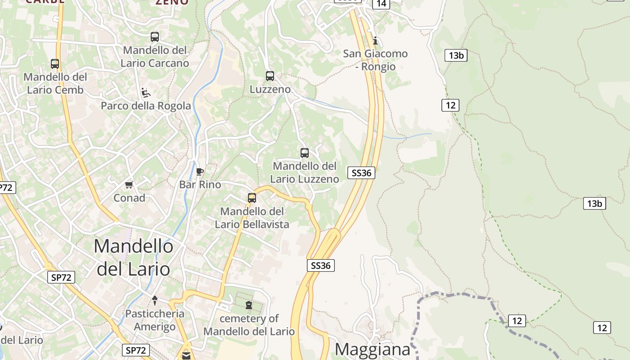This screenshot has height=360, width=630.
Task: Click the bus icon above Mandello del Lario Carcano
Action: (155, 36)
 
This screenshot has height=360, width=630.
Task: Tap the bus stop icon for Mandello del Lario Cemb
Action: (55, 64)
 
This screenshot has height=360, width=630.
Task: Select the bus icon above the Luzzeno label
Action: (270, 76)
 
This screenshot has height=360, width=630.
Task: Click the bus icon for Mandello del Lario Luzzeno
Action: (305, 153)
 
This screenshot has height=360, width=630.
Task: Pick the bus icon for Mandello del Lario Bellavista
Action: (252, 198)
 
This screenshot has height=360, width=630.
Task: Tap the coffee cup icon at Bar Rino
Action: (200, 171)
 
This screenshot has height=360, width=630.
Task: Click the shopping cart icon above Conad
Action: (129, 184)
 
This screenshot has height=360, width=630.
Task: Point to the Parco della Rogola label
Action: (146, 106)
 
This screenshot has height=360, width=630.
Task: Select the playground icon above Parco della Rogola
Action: (146, 93)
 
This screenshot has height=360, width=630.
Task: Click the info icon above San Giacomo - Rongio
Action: (375, 41)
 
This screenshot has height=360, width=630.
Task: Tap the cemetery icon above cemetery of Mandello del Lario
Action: (249, 306)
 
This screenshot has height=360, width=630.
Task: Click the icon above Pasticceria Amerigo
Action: (155, 300)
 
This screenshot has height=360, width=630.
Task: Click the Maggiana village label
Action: (373, 349)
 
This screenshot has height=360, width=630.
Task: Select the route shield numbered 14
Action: (381, 4)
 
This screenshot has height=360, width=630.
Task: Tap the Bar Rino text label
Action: (200, 184)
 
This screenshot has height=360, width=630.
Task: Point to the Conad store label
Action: (129, 198)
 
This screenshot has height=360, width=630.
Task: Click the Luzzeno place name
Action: (270, 90)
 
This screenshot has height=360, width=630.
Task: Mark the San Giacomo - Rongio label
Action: (375, 60)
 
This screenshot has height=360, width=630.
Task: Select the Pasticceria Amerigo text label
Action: (155, 320)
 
